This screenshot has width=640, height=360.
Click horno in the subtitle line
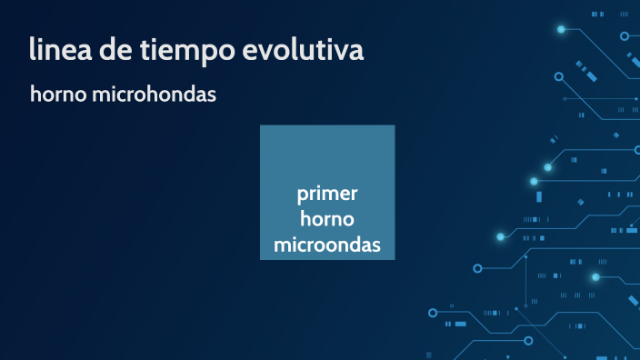[58, 95]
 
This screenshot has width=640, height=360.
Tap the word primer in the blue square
[327, 195]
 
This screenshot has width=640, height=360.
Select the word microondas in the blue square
[327, 245]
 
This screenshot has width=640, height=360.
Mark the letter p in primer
[302, 197]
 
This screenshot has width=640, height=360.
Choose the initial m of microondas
[282, 245]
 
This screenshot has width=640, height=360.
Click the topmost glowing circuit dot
[561, 30]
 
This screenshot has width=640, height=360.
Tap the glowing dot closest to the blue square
[500, 236]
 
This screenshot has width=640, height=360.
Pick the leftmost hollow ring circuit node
[478, 269]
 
